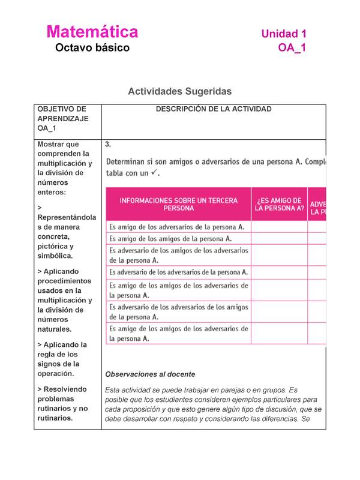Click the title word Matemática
click(92, 32)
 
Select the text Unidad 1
click(284, 34)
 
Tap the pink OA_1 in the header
click(292, 48)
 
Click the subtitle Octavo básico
click(92, 48)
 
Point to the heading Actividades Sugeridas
click(179, 91)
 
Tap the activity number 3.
click(107, 145)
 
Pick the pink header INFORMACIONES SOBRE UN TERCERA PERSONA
click(179, 205)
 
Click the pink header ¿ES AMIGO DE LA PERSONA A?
click(279, 205)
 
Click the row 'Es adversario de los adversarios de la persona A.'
click(178, 272)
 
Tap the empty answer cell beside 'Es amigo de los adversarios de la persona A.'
click(279, 227)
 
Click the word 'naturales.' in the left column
click(54, 329)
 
